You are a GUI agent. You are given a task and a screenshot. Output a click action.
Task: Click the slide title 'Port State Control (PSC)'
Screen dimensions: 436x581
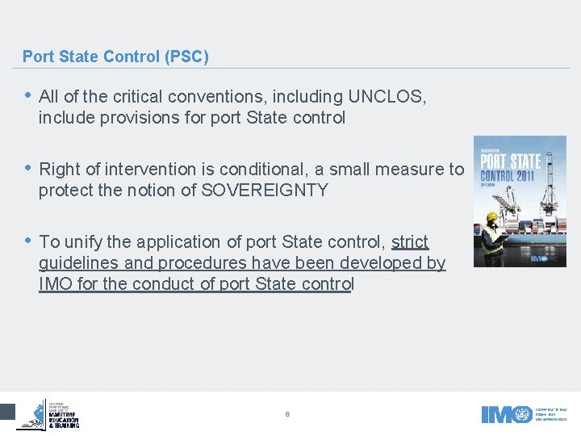115,57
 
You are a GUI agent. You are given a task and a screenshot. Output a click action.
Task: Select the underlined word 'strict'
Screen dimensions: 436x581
410,242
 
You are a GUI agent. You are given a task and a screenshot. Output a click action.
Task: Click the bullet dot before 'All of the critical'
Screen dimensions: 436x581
29,96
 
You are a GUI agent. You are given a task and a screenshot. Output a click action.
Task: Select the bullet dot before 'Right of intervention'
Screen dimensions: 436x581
29,169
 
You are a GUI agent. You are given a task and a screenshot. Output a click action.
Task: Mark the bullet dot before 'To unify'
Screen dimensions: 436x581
29,241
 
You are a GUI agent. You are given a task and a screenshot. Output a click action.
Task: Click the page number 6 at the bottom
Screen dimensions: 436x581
287,414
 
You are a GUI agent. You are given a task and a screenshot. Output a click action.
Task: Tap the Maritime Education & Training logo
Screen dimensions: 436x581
50,413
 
